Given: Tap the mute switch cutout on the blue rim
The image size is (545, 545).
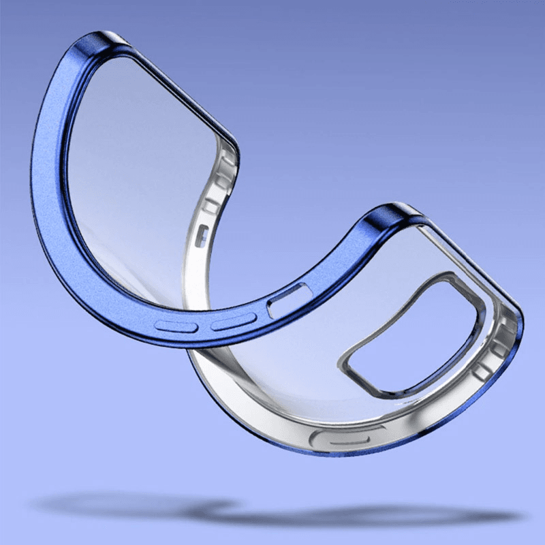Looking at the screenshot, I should [x=290, y=300].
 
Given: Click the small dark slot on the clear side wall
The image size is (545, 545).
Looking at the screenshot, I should [x=201, y=235].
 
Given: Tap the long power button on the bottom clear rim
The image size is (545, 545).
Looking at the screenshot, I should [x=340, y=438].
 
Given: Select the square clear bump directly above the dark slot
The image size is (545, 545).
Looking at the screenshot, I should [x=209, y=205].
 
